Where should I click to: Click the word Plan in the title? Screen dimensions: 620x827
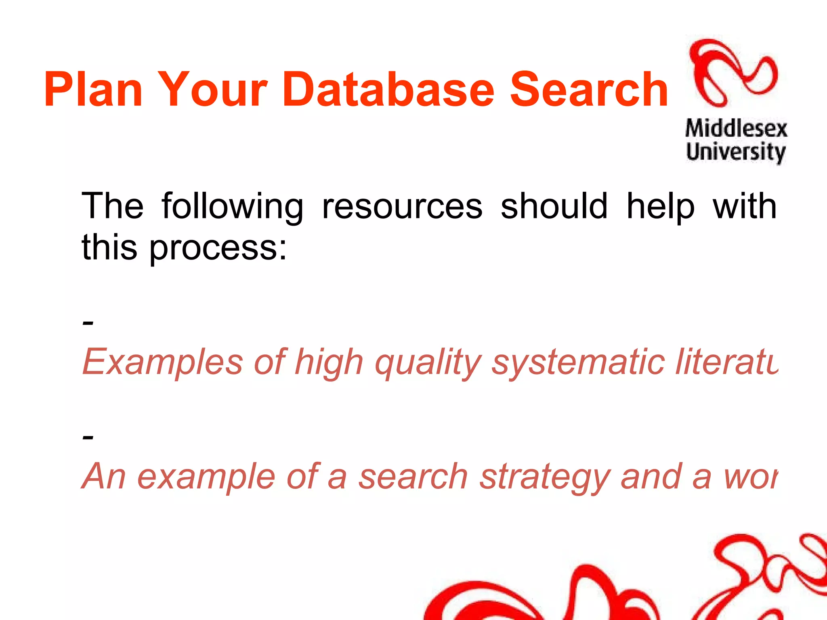tap(93, 90)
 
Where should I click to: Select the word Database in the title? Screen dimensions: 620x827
tap(388, 90)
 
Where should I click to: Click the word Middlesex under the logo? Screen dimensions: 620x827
tap(736, 129)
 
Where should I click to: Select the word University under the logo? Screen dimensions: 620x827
tap(736, 152)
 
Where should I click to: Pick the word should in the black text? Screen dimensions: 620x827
tap(554, 206)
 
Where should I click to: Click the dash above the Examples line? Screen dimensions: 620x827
tap(88, 323)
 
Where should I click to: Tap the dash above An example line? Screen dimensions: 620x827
tap(88, 437)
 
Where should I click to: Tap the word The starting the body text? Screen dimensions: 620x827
tap(113, 206)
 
